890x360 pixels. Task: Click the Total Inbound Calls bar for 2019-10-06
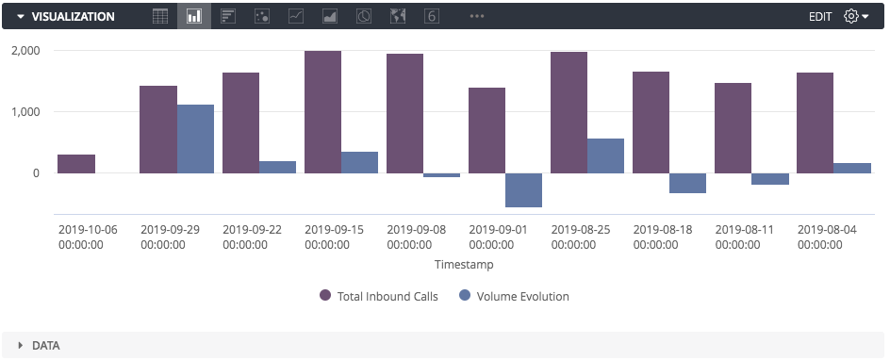(x=76, y=164)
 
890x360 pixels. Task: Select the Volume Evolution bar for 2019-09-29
(x=195, y=139)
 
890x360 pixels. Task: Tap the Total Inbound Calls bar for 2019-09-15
(x=322, y=112)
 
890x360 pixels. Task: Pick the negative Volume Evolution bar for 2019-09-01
(x=523, y=189)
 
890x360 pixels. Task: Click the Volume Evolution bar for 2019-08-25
(x=605, y=155)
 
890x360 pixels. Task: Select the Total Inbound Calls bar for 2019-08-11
(x=733, y=128)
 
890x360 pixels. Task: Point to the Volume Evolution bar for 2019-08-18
(x=687, y=183)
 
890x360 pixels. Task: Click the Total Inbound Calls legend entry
(x=379, y=296)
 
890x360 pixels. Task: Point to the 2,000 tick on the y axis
(x=25, y=51)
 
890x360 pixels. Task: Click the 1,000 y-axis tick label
(x=25, y=112)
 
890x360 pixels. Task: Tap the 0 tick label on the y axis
(x=36, y=173)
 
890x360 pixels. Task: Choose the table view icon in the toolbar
(x=160, y=16)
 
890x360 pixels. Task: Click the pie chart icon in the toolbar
(x=364, y=16)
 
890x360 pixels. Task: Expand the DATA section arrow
(x=20, y=346)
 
